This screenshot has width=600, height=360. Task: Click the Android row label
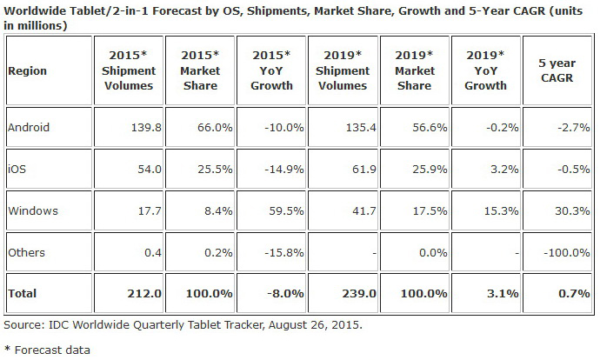point(28,128)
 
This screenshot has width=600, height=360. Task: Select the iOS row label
point(16,169)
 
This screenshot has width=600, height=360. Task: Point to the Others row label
point(25,252)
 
